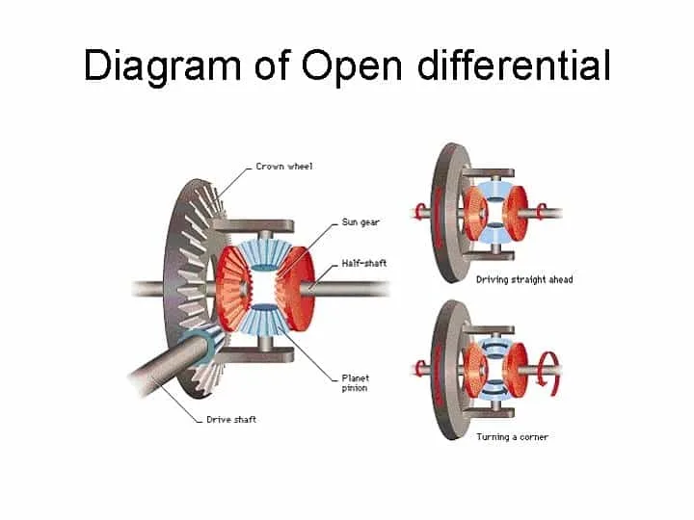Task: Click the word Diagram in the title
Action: (162, 65)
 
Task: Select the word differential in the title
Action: (514, 65)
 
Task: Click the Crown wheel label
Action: (284, 167)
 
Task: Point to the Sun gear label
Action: (360, 222)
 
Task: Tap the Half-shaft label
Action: (363, 263)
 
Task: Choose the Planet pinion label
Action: (355, 383)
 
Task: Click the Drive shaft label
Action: (231, 419)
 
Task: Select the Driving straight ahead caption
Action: (524, 279)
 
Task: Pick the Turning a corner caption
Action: (512, 437)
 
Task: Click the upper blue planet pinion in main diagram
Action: (264, 255)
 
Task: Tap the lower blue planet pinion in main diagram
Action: (264, 320)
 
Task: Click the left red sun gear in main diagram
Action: (233, 288)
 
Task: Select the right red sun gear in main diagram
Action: (295, 288)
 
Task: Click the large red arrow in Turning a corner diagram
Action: (547, 369)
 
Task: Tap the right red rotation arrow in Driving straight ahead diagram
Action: (541, 211)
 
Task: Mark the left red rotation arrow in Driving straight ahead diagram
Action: (419, 211)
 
